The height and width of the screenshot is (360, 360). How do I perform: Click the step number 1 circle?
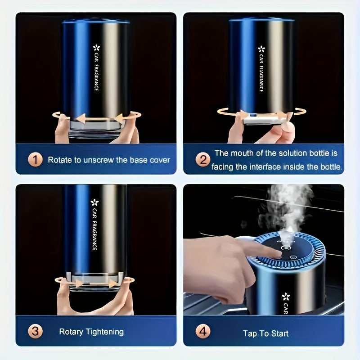[36, 159]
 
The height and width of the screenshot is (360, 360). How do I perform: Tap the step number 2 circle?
[203, 159]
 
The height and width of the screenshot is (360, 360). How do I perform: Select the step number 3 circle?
[36, 332]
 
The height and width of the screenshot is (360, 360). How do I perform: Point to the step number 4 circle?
[203, 332]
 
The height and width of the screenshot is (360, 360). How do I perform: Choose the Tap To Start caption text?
[265, 333]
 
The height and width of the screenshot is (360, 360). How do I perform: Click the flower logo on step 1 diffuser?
[96, 48]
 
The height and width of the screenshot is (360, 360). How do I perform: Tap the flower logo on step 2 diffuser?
[261, 49]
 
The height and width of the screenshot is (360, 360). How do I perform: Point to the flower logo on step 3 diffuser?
[94, 202]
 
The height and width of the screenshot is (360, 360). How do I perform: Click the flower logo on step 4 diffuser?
[285, 297]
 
